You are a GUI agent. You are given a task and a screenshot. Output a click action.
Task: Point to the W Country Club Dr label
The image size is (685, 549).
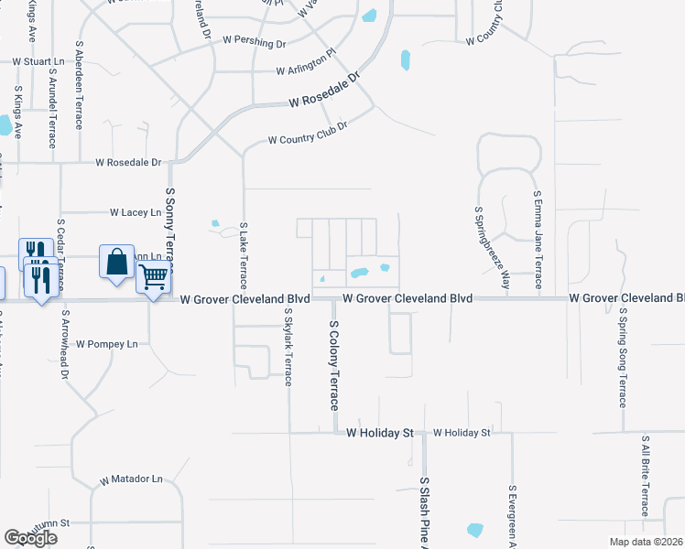[308, 140]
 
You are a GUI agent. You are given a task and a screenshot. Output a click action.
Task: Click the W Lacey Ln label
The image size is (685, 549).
[135, 212]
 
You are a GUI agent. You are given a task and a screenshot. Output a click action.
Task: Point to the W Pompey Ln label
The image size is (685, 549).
[106, 344]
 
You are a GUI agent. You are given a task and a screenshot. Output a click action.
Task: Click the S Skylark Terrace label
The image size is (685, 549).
[288, 348]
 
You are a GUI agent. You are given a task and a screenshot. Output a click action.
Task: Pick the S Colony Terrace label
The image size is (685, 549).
[334, 364]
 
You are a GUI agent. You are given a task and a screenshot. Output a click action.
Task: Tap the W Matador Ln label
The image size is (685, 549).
[131, 479]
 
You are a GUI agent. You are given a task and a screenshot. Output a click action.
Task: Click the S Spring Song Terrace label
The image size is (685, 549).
[622, 357]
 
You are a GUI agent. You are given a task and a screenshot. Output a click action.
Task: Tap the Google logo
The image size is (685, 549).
[30, 538]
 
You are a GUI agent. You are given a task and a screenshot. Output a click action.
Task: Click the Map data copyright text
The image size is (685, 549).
[645, 542]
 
